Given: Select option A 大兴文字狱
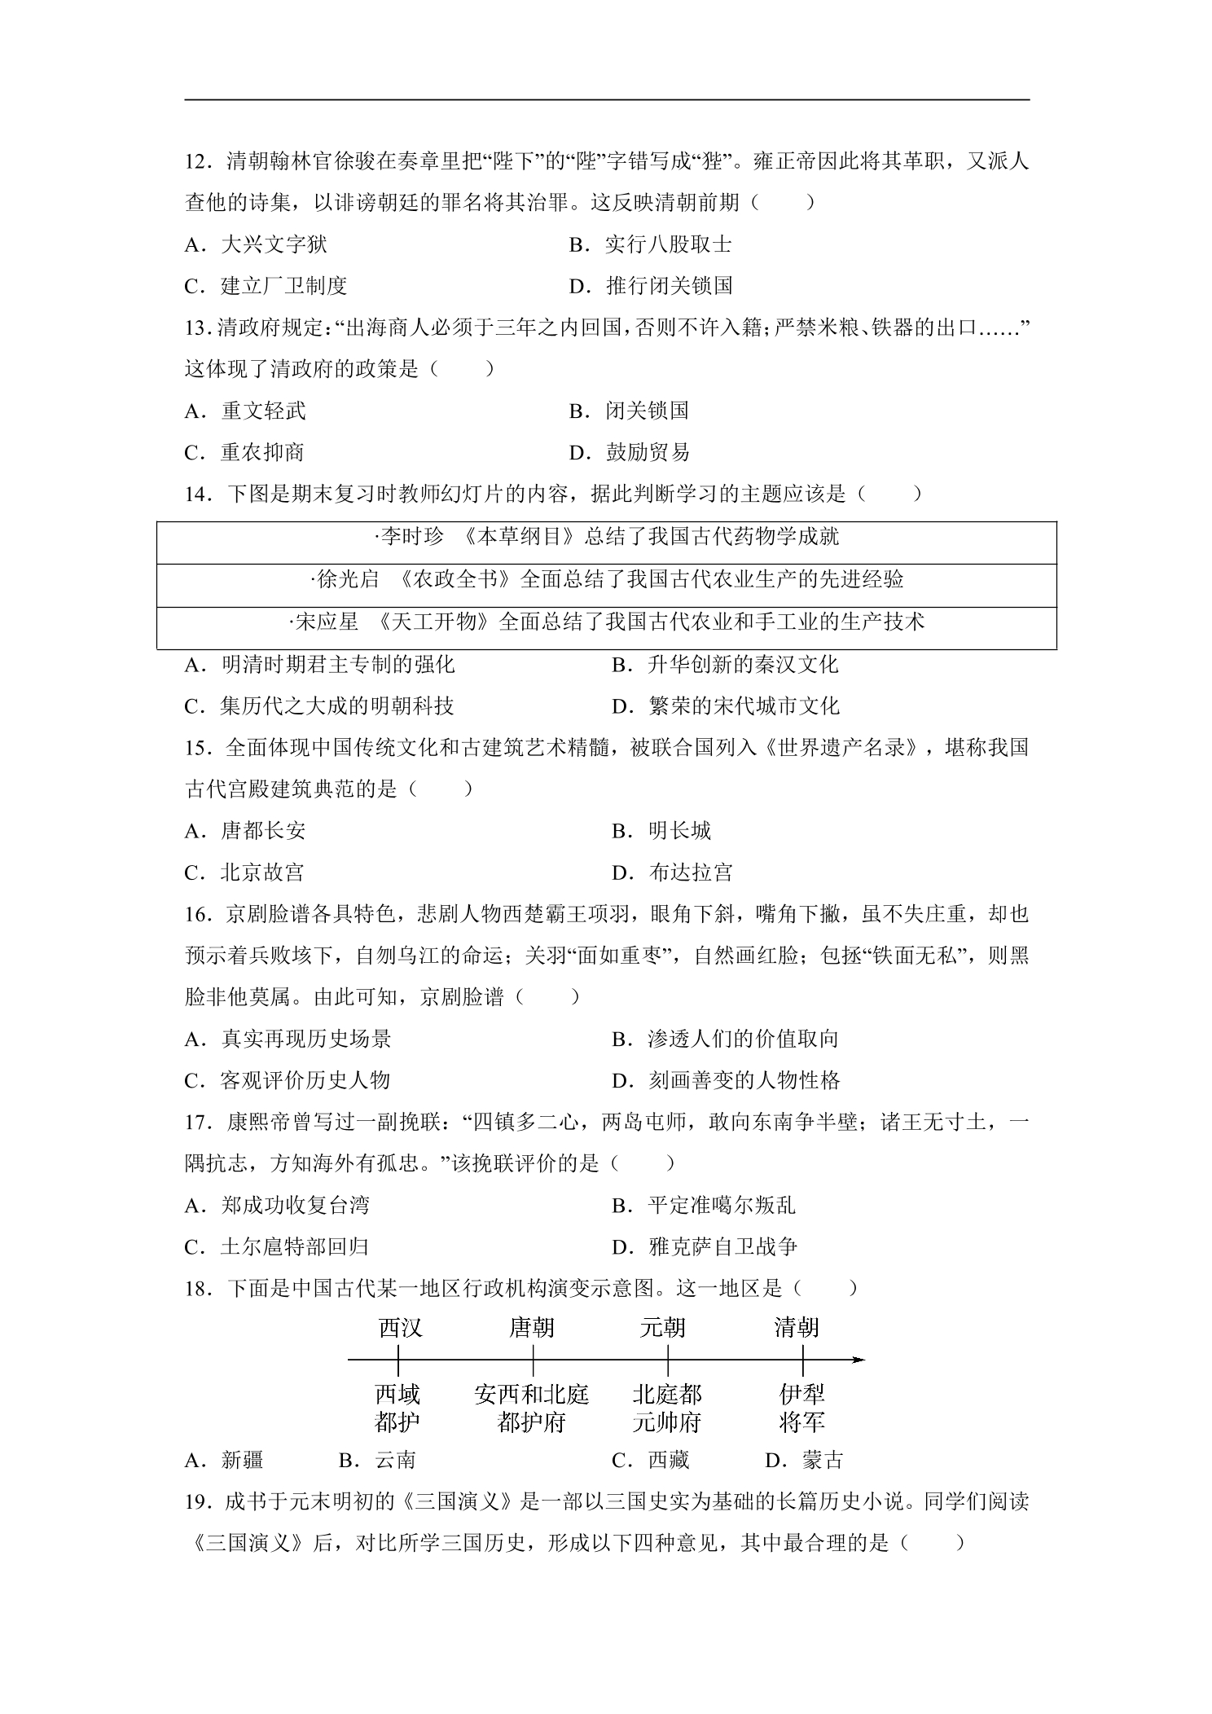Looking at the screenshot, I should [256, 244].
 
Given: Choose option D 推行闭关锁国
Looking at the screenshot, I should [651, 286].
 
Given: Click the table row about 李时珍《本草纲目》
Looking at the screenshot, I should [606, 537].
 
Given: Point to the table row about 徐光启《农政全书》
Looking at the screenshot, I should [606, 579].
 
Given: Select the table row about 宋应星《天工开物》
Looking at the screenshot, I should [606, 622].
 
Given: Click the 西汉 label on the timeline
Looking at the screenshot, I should [400, 1329].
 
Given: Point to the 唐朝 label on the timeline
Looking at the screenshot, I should [531, 1329].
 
